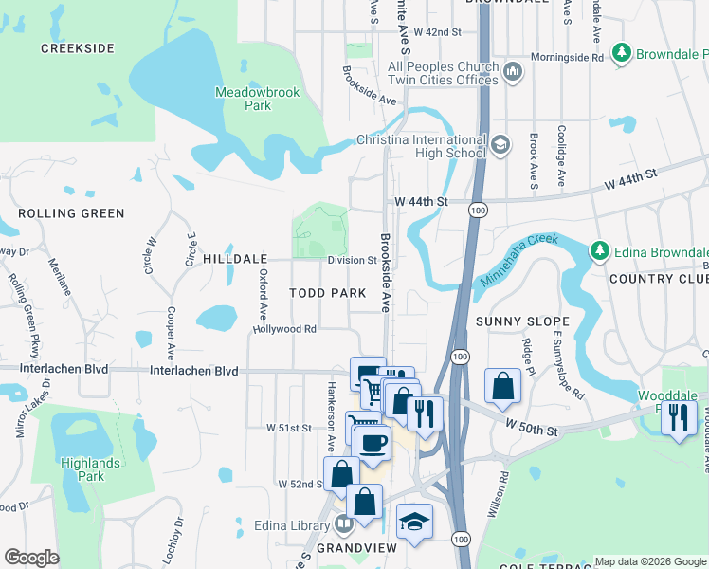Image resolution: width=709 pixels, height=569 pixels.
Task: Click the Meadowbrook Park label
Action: tap(244, 99)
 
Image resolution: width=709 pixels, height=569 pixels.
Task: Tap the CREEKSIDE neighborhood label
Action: tap(78, 48)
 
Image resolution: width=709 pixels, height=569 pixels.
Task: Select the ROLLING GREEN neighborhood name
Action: tap(71, 213)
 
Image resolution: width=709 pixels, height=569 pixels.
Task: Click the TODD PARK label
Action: tap(328, 294)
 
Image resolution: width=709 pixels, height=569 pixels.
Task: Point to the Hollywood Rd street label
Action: tap(283, 329)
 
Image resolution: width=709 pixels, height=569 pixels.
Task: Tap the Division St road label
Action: tap(352, 260)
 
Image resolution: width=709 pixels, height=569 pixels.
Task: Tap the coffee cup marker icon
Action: tap(373, 442)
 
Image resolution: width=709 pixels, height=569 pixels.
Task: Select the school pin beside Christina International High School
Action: tap(500, 145)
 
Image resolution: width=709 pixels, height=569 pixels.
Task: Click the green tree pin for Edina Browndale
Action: tap(599, 251)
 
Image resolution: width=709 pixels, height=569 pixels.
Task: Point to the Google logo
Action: tap(32, 558)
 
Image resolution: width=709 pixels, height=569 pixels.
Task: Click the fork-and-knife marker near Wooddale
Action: tap(678, 417)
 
